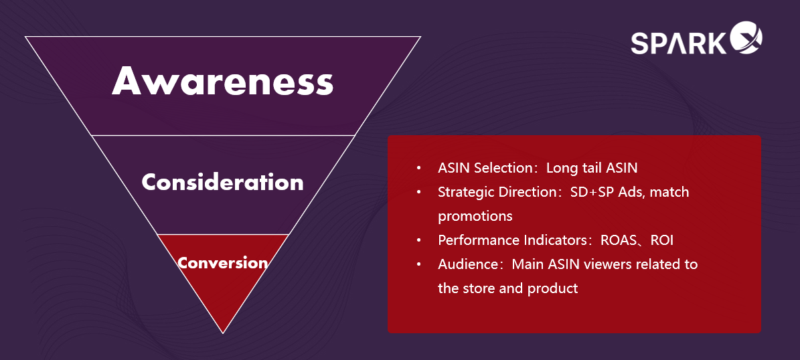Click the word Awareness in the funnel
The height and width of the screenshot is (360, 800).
click(x=222, y=81)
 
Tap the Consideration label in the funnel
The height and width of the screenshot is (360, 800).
click(x=222, y=182)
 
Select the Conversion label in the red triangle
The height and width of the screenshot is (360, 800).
click(x=222, y=262)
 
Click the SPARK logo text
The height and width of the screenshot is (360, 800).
click(x=678, y=43)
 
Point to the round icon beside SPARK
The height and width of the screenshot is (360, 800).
click(x=745, y=37)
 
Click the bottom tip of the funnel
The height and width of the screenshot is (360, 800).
click(x=223, y=333)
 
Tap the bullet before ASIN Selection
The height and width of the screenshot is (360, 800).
click(x=419, y=168)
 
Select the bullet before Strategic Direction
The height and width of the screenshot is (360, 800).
click(x=419, y=192)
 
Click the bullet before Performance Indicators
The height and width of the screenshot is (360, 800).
click(x=419, y=240)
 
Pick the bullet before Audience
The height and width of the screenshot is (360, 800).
click(x=419, y=264)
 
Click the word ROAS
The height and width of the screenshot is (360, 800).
click(x=619, y=240)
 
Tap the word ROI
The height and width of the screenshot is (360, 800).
click(x=662, y=240)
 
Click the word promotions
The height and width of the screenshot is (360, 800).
click(x=475, y=216)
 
